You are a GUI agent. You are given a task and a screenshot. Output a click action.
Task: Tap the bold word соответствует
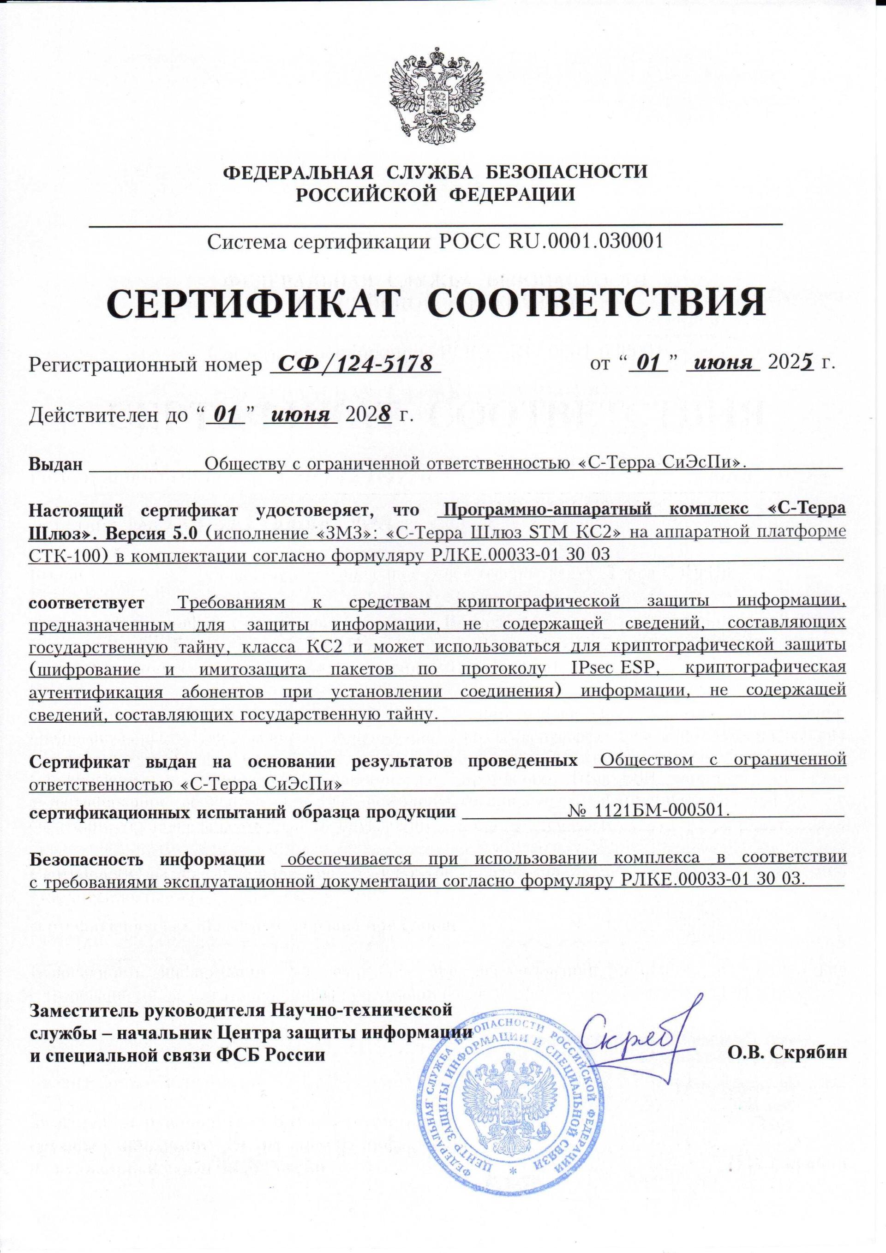point(87,602)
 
